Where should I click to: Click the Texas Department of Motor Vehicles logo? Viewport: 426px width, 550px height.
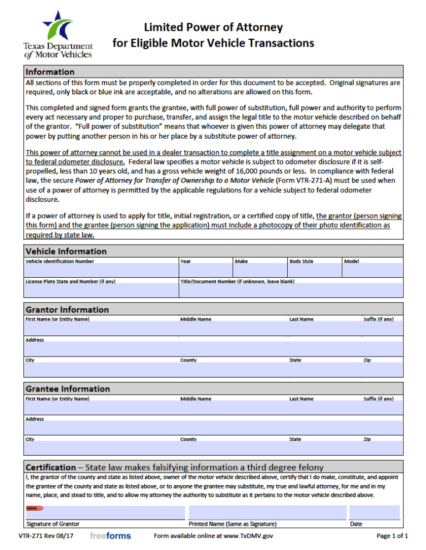tap(58, 33)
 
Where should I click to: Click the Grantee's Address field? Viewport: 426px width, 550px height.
tap(214, 427)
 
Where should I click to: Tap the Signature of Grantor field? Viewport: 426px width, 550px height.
tap(105, 512)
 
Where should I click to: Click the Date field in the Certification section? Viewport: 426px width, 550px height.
tap(374, 512)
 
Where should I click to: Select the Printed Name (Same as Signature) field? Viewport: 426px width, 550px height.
tap(267, 512)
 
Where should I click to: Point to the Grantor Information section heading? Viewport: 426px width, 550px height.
tap(67, 309)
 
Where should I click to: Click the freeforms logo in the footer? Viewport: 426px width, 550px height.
tap(110, 536)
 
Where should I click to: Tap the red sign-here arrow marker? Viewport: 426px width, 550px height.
tap(34, 508)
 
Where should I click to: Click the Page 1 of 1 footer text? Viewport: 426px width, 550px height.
tap(392, 536)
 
